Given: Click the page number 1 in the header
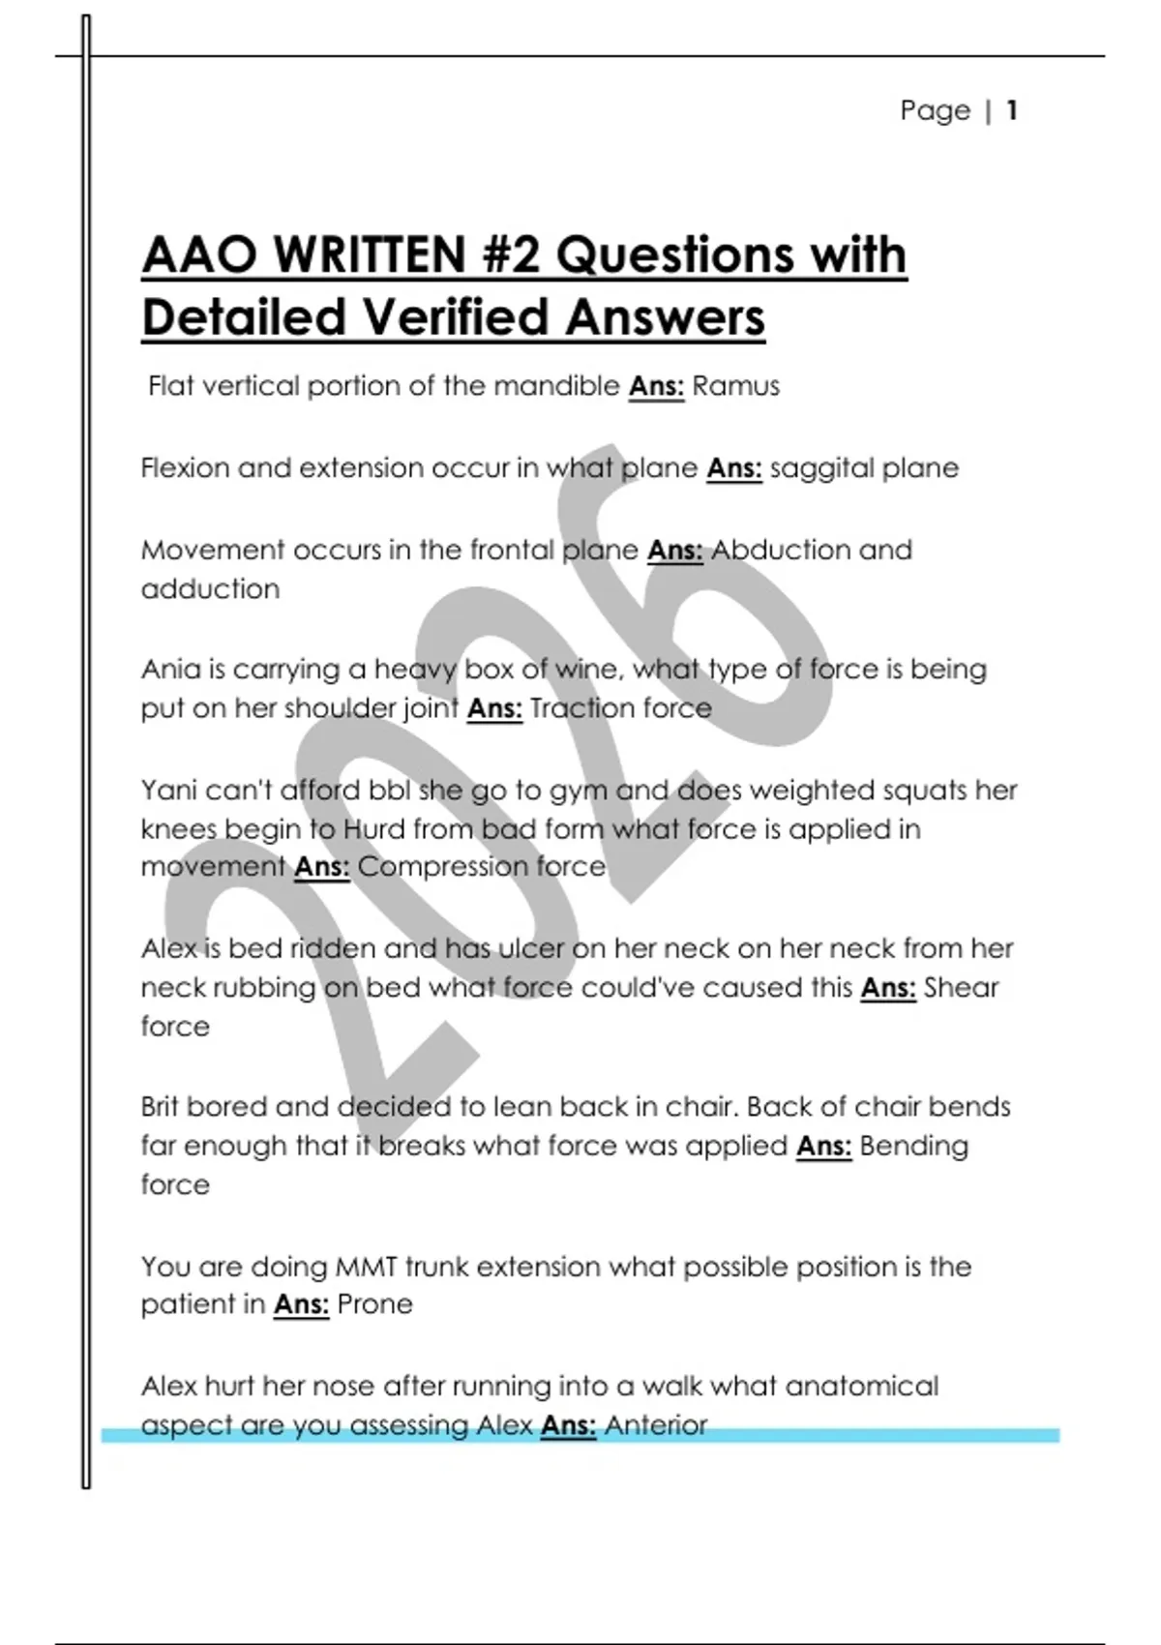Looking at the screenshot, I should point(1011,110).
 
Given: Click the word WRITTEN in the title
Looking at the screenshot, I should point(371,255).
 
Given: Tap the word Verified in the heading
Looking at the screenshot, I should point(455,317).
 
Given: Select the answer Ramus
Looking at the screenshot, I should point(735,386).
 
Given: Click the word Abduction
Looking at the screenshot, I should point(780,550).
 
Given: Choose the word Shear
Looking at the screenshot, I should point(961,988).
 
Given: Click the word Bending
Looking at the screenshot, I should point(913,1146).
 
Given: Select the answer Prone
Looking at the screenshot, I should point(374,1304).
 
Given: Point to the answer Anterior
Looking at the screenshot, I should point(656,1424).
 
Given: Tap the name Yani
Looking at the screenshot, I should point(168,791).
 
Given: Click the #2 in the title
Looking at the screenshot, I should point(510,255).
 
